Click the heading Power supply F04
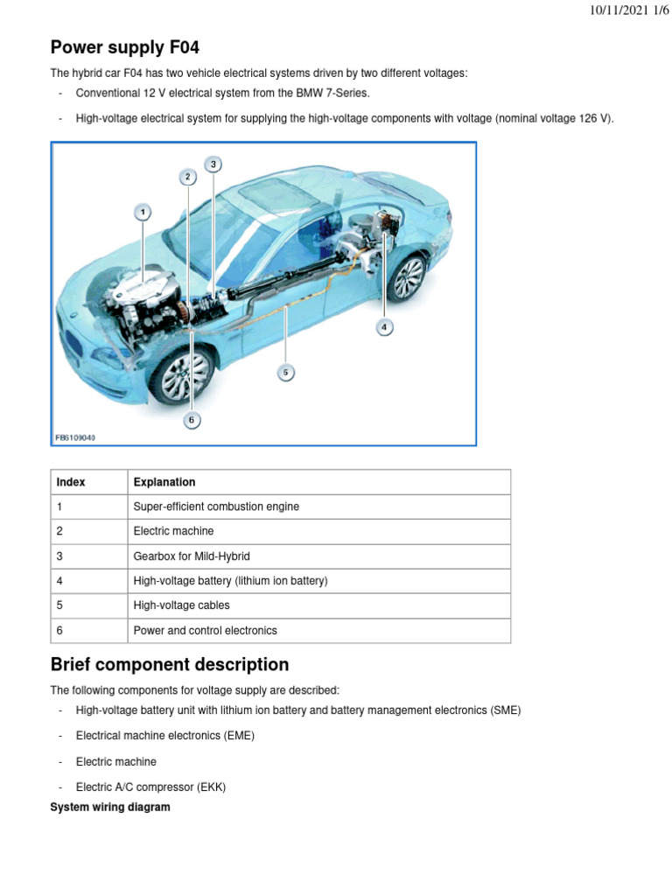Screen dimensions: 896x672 coord(130,47)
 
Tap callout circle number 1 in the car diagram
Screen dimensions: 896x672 coord(143,212)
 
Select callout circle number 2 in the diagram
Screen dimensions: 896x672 coord(187,178)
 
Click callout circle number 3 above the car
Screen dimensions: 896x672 coord(213,164)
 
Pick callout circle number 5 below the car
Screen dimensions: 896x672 coord(285,373)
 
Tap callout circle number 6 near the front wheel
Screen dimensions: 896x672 coord(192,421)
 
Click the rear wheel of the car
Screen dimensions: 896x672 coord(408,277)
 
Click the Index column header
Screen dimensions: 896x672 coord(71,482)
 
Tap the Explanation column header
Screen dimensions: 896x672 coord(164,482)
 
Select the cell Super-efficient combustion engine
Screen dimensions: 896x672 coord(216,507)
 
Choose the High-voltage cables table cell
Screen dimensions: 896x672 coord(181,605)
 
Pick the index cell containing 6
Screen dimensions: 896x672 coord(59,630)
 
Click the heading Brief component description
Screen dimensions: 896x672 coord(169,664)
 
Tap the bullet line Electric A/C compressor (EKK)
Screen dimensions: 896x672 coord(150,787)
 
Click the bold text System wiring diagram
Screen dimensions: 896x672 coord(110,808)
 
